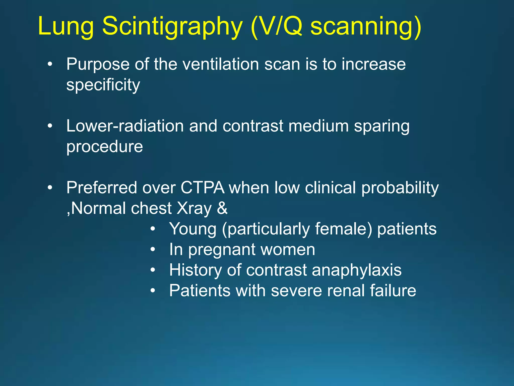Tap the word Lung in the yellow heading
(x=66, y=26)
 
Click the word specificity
(x=103, y=85)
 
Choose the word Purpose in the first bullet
(x=98, y=65)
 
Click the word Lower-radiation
(x=125, y=126)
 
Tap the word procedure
(x=104, y=147)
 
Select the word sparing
(x=381, y=126)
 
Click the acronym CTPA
(x=202, y=188)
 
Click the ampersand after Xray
(x=222, y=208)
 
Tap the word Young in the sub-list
(x=193, y=229)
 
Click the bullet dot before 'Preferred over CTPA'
(x=50, y=188)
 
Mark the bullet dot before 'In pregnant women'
(x=153, y=250)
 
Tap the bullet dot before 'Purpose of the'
(x=50, y=64)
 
